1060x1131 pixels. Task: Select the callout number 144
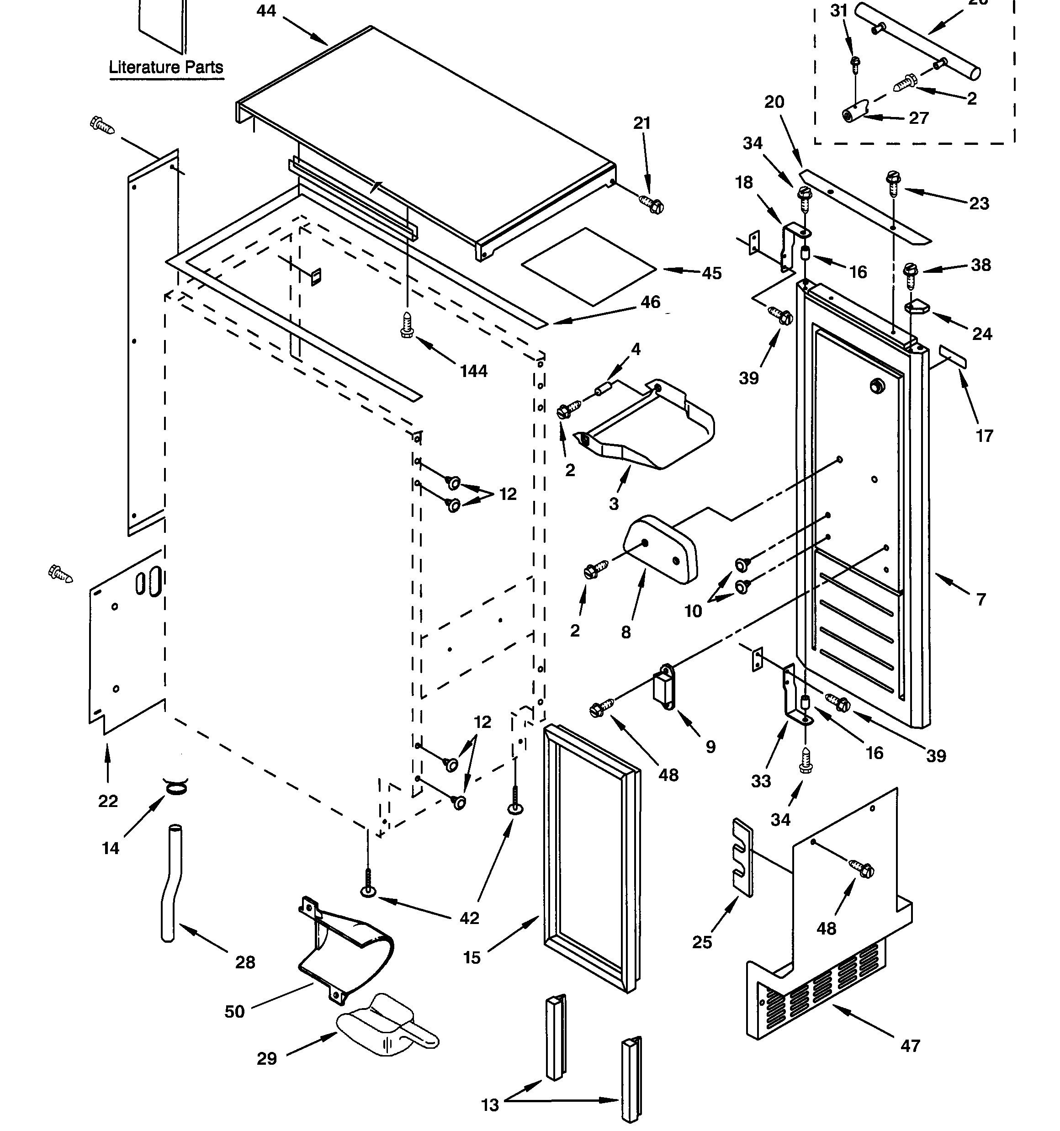tap(473, 371)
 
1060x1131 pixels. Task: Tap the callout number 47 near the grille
tap(910, 1045)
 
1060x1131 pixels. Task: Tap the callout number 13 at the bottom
tap(489, 1105)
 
